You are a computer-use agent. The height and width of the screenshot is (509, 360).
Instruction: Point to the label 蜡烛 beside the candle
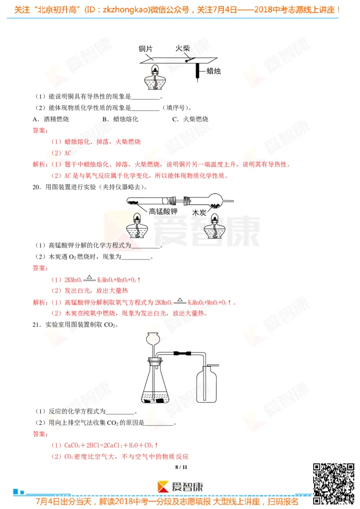213,71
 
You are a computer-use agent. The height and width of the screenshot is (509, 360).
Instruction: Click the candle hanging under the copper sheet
197,71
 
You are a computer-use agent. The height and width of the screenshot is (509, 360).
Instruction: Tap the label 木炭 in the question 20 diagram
199,213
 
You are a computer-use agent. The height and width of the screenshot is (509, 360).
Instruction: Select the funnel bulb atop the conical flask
154,337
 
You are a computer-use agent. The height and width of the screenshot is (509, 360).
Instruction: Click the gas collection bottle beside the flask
207,385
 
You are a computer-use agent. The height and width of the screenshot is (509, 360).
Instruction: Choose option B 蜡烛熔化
120,119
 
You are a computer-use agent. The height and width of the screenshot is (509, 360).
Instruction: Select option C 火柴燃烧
190,119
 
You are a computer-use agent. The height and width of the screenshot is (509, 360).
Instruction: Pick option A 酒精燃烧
51,119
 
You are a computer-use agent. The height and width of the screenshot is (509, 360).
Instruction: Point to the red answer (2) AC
61,153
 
